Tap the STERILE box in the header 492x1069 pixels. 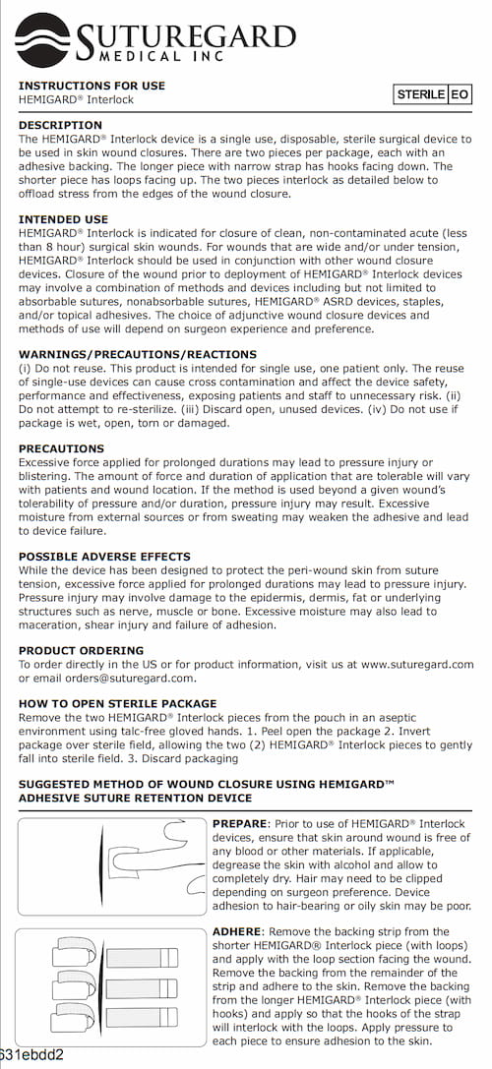click(420, 94)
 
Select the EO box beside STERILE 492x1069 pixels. click(460, 94)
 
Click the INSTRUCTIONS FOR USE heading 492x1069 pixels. click(92, 86)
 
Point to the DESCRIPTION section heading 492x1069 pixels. click(60, 125)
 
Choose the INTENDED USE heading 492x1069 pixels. click(63, 218)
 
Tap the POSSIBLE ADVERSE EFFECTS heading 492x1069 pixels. click(103, 557)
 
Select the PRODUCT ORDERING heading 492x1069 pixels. click(81, 650)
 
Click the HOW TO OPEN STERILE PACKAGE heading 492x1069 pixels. click(117, 703)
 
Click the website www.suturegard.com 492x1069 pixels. click(417, 664)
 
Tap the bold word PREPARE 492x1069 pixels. click(240, 823)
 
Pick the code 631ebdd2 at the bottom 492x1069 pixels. click(31, 1056)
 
